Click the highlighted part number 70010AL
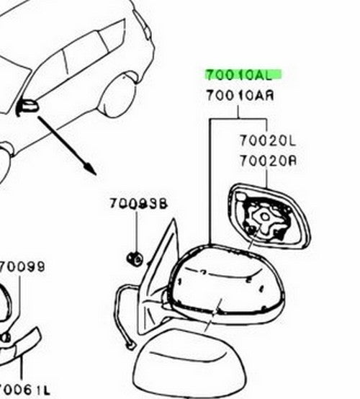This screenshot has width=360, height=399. pyautogui.click(x=239, y=75)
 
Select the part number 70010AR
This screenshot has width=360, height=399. pyautogui.click(x=240, y=96)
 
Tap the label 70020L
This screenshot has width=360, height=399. pyautogui.click(x=268, y=140)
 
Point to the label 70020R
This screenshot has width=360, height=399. pyautogui.click(x=268, y=161)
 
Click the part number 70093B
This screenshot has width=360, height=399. pyautogui.click(x=138, y=204)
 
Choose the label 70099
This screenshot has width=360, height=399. pyautogui.click(x=22, y=266)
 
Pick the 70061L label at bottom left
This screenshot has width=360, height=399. pyautogui.click(x=24, y=390)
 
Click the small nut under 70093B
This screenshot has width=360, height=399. pyautogui.click(x=135, y=259)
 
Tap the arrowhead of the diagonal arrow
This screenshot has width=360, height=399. pyautogui.click(x=91, y=169)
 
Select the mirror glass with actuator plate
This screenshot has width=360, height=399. pyautogui.click(x=269, y=216)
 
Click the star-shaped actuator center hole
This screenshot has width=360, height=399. pyautogui.click(x=265, y=217)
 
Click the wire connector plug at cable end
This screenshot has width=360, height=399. pyautogui.click(x=131, y=345)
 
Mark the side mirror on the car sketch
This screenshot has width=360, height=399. pyautogui.click(x=27, y=107)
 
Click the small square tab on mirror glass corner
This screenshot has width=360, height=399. pyautogui.click(x=240, y=196)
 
